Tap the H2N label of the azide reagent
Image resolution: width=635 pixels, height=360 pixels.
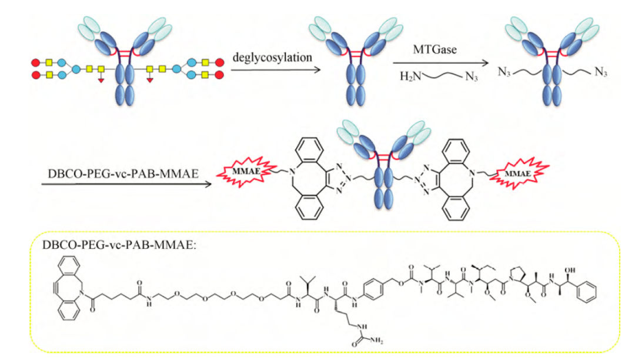410,77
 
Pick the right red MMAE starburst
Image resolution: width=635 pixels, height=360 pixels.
516,174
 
